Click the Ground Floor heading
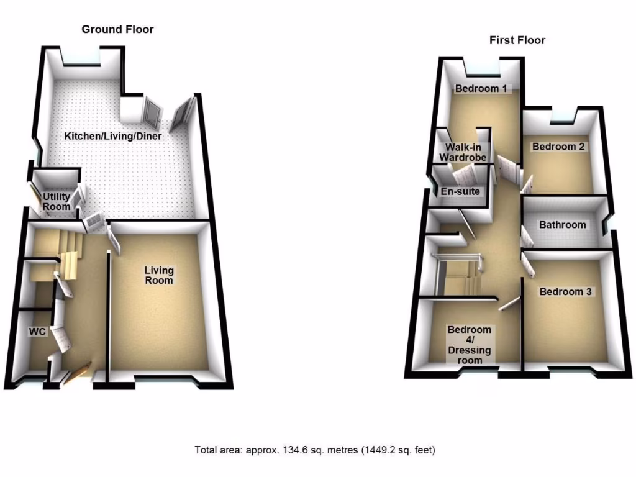click(117, 29)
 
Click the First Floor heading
click(517, 40)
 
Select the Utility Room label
click(56, 202)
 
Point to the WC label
click(38, 332)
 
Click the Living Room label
click(159, 275)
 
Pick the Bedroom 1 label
click(481, 89)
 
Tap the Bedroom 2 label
click(558, 147)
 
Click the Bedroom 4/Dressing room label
click(470, 345)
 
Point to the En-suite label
click(460, 191)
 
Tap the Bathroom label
click(562, 225)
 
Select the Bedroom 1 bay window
click(481, 63)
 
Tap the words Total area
click(215, 450)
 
